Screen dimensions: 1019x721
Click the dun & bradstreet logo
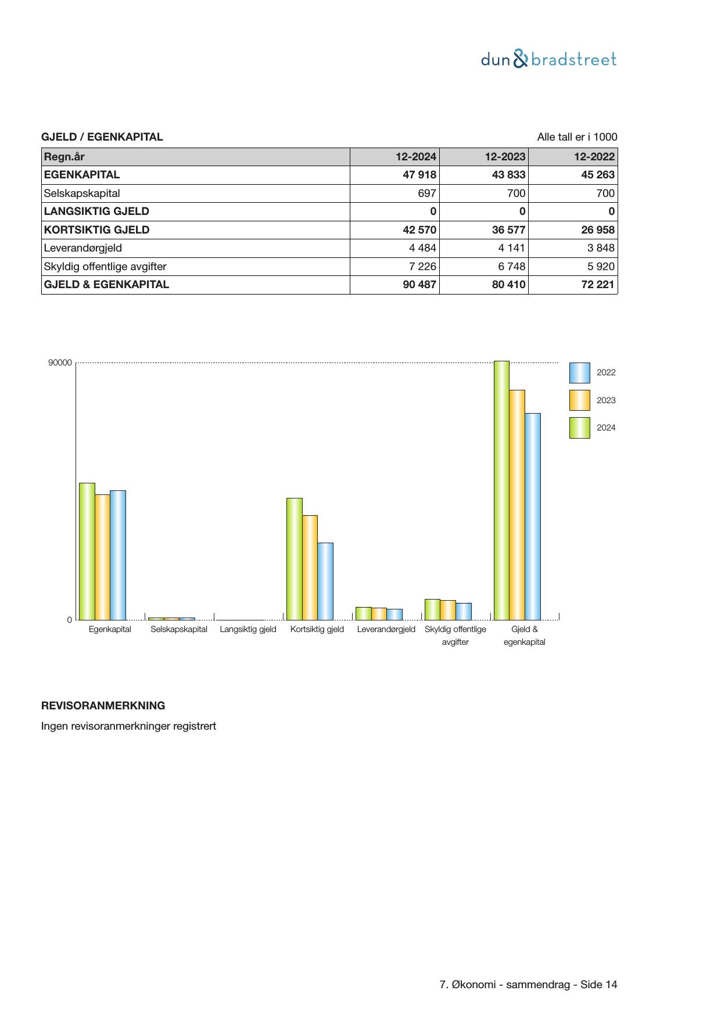pos(548,59)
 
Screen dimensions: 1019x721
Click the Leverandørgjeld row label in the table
pos(83,248)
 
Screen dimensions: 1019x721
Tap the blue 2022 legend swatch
pos(579,373)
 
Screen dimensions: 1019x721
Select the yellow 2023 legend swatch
pos(579,400)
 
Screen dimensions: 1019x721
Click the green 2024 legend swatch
pos(579,428)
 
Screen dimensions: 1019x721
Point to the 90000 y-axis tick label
pos(60,363)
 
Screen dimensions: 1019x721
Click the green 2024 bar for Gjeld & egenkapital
pos(501,491)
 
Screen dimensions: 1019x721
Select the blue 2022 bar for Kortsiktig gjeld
pos(325,581)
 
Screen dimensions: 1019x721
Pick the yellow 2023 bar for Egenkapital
pos(102,557)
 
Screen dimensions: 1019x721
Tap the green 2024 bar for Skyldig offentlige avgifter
pos(432,609)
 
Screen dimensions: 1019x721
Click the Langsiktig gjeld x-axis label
pos(248,629)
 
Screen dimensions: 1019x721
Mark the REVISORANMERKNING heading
pos(103,706)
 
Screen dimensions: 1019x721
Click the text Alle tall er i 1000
pos(577,137)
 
